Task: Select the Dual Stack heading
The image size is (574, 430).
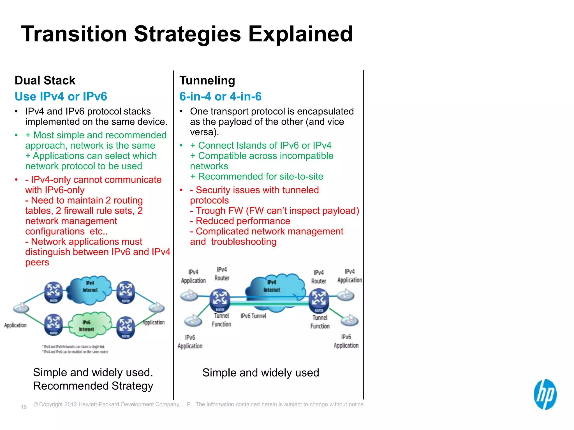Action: (x=45, y=80)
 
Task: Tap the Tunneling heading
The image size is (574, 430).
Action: (x=207, y=80)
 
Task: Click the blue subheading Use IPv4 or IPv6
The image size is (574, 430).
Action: (x=61, y=96)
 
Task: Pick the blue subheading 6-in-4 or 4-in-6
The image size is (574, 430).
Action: (x=220, y=96)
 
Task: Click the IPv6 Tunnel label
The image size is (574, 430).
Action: (x=253, y=316)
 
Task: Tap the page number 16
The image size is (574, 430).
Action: (x=24, y=407)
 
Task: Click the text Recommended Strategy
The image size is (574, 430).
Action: (x=93, y=386)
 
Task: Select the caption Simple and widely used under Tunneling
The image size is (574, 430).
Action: (x=261, y=373)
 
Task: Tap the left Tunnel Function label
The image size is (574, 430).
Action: (x=221, y=320)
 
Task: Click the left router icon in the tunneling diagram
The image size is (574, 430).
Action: (x=220, y=300)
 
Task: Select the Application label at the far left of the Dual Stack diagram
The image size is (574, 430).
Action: (x=15, y=325)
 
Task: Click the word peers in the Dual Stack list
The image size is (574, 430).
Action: (x=37, y=262)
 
